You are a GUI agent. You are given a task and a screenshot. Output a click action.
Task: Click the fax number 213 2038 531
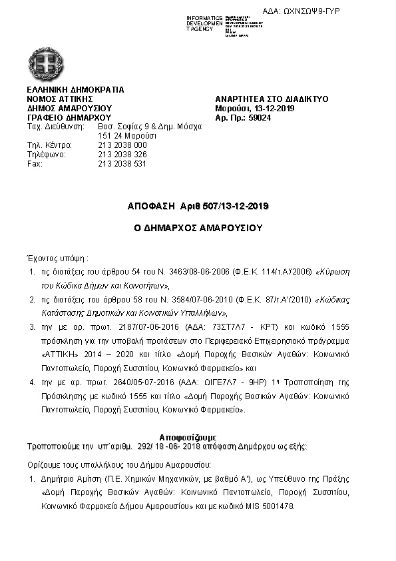coord(122,164)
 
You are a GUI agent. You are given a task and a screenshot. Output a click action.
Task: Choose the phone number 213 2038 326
coord(122,155)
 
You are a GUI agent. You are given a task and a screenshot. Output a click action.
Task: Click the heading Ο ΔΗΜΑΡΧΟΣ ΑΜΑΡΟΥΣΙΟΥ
coord(198,228)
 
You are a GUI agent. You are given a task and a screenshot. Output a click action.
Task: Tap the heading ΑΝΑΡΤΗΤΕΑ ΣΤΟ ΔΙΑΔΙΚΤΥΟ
coord(272,99)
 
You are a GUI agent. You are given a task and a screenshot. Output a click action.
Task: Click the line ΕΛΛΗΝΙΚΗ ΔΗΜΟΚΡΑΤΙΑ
coord(75,89)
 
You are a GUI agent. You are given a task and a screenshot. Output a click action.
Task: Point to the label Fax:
coord(34,164)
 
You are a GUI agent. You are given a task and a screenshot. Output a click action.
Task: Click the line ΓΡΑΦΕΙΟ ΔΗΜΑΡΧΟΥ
coord(69,117)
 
